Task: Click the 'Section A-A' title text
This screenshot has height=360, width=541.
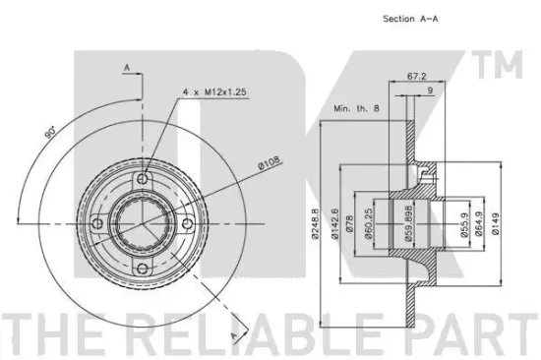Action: [x=410, y=19]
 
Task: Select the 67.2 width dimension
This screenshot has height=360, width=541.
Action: [x=416, y=77]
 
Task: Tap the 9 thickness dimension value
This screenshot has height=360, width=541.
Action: [x=430, y=90]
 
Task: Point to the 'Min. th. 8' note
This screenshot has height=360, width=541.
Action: [x=356, y=108]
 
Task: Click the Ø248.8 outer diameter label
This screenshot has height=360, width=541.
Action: [x=315, y=223]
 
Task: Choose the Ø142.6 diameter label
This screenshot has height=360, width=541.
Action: [x=334, y=223]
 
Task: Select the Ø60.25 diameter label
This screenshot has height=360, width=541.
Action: [x=368, y=223]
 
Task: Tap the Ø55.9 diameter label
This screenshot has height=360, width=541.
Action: [x=464, y=224]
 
